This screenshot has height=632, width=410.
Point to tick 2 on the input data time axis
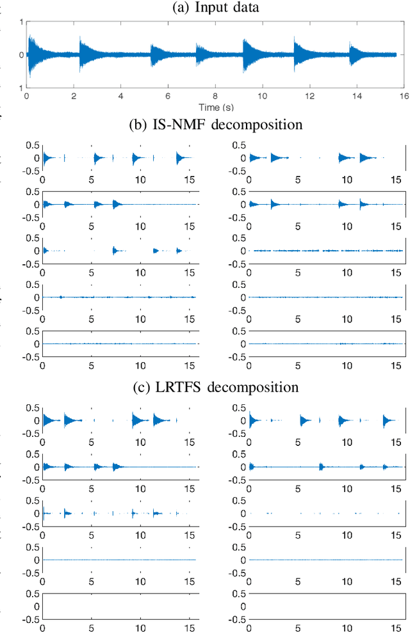73,95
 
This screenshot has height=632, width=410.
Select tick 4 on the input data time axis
120,95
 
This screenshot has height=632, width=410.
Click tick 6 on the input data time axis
167,95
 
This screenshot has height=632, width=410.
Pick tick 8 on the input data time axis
215,95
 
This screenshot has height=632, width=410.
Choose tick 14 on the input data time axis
356,95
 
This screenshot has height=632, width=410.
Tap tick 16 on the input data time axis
403,95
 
